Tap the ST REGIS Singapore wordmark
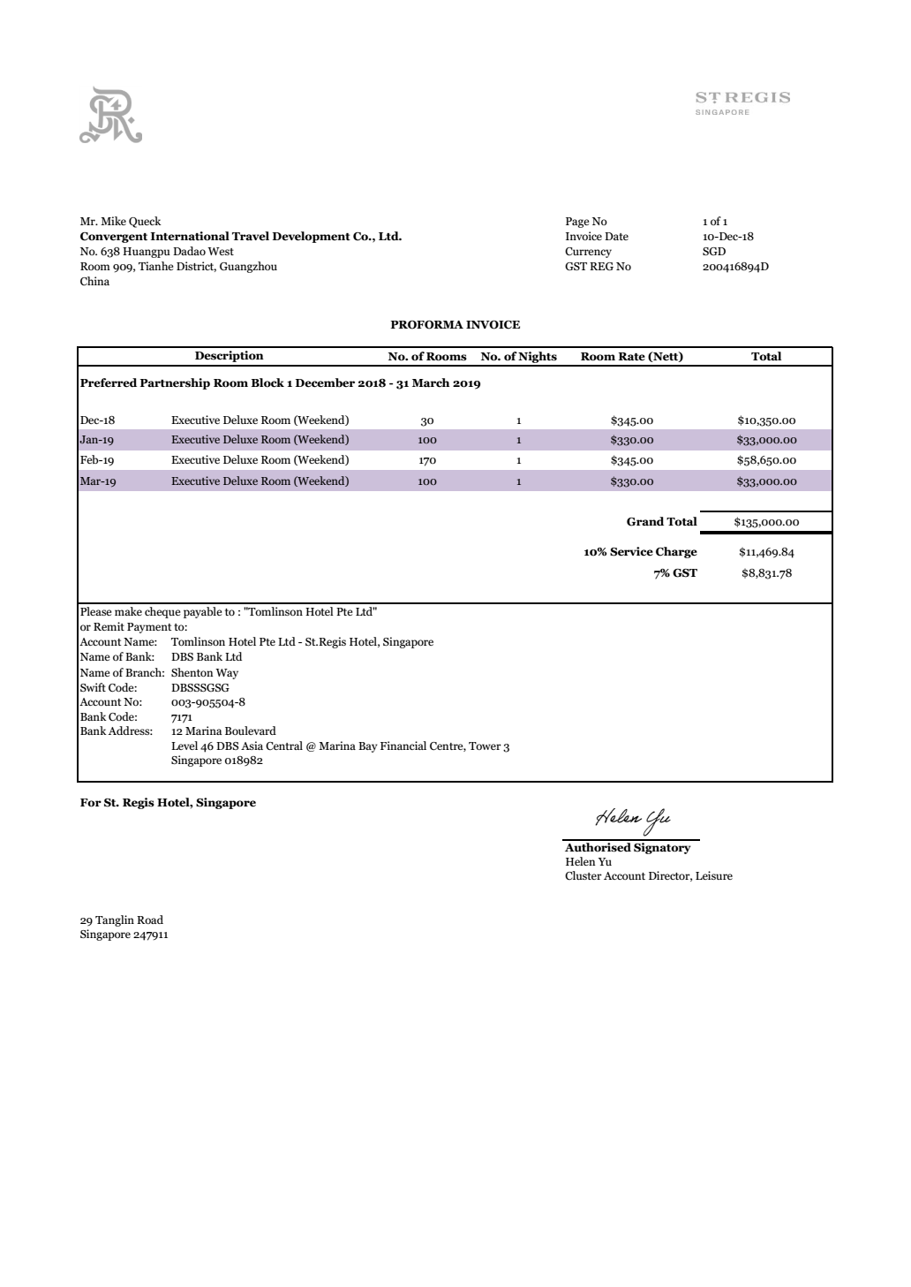[x=742, y=101]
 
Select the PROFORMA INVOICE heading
[x=455, y=325]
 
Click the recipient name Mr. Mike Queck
[x=120, y=222]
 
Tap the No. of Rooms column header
[x=427, y=357]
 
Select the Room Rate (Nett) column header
[x=631, y=357]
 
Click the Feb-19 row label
[x=97, y=460]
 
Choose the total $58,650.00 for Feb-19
[x=766, y=460]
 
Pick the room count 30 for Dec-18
[x=427, y=421]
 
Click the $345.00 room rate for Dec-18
[x=631, y=421]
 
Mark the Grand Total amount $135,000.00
[x=766, y=522]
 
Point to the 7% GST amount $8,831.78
[x=766, y=573]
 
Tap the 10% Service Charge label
[x=640, y=552]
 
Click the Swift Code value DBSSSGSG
[x=200, y=688]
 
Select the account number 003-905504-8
[x=207, y=703]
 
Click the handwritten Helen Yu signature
[x=633, y=818]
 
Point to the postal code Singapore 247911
[x=124, y=935]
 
